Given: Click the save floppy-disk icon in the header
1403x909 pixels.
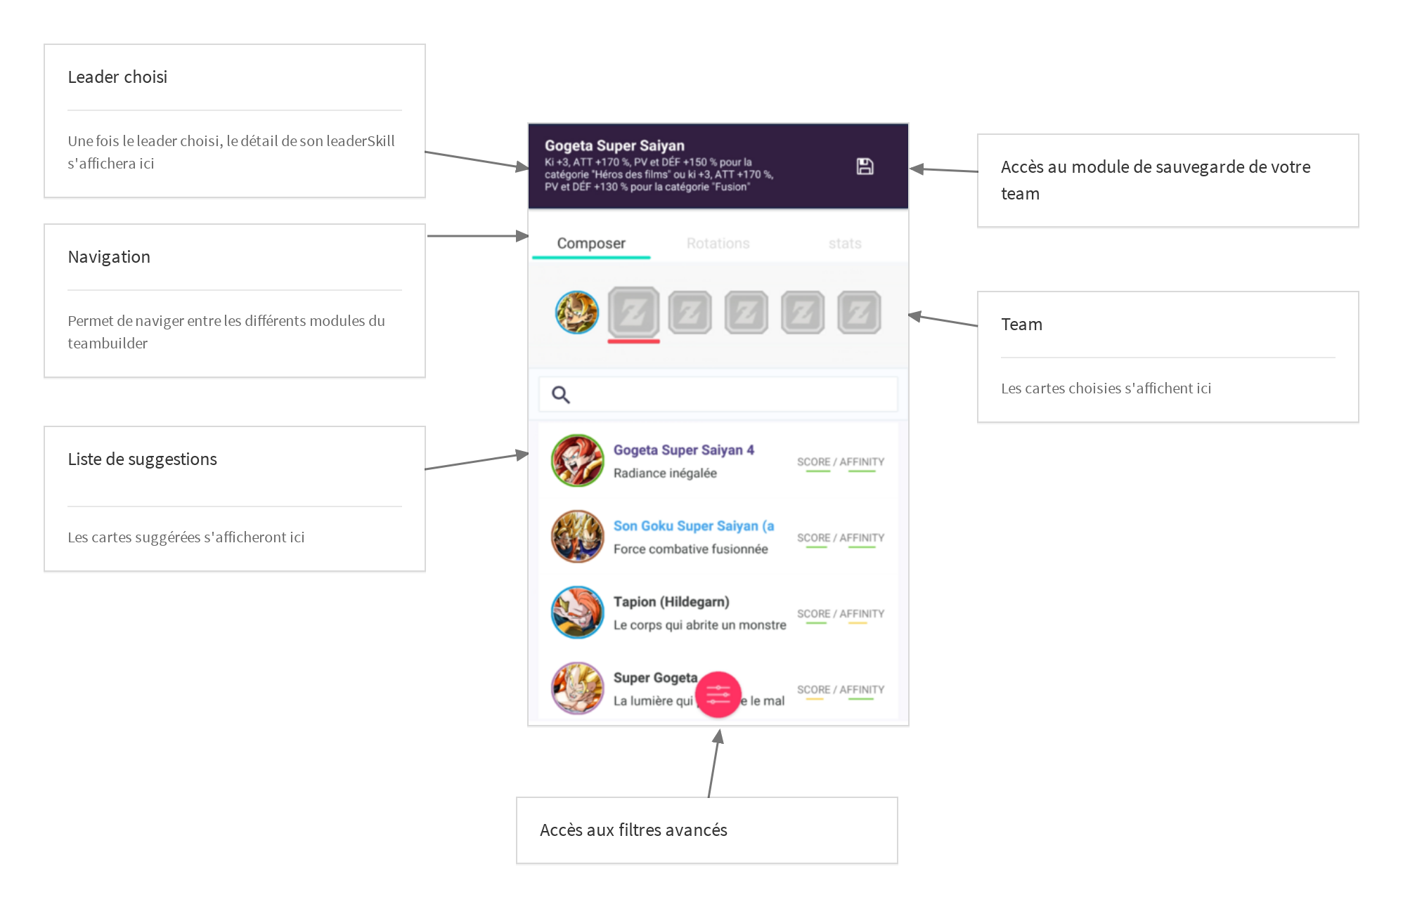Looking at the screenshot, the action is (865, 166).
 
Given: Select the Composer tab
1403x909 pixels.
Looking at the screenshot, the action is (590, 243).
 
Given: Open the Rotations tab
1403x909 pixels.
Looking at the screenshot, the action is (718, 243).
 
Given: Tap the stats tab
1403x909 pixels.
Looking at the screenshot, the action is (844, 243).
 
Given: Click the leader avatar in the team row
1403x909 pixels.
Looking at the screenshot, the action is (576, 312).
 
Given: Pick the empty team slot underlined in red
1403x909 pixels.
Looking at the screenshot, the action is (633, 312).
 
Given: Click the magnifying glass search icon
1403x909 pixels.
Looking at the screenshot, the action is (560, 395).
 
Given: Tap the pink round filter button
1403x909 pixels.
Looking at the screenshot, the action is (718, 695).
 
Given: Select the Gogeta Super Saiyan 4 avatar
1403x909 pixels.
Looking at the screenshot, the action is (577, 461).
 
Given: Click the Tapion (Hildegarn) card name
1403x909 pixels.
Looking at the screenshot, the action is (671, 602).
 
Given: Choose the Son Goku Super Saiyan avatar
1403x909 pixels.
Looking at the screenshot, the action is (577, 537).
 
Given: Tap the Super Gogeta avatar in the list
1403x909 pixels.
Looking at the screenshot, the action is (577, 688).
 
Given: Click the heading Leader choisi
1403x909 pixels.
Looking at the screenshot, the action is (117, 77).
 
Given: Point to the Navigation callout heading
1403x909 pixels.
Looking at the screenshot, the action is (109, 257).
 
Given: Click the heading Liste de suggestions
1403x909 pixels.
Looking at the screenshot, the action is (142, 459).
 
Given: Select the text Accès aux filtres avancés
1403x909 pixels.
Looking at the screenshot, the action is (633, 830).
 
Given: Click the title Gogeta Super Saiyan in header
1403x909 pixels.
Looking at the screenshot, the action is (614, 145).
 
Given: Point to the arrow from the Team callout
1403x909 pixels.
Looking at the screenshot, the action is (942, 320).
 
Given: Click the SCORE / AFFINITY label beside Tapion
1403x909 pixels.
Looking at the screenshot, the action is (840, 613).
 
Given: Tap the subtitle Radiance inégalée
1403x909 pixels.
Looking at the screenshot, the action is (665, 473).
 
